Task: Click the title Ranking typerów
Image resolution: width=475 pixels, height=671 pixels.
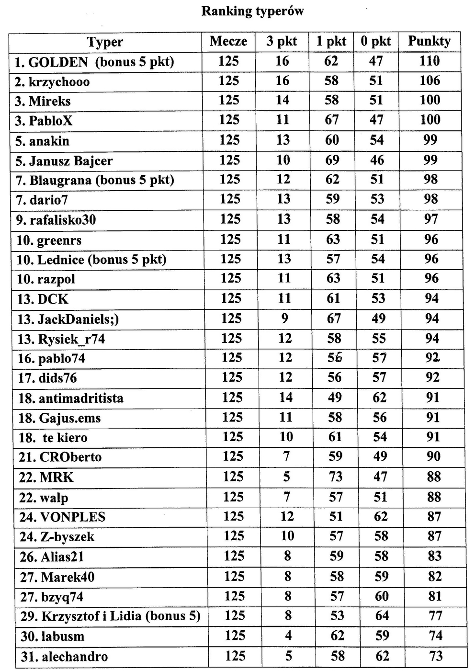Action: pyautogui.click(x=252, y=11)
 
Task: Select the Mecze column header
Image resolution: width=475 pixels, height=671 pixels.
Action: pyautogui.click(x=228, y=42)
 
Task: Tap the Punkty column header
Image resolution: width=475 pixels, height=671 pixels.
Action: pyautogui.click(x=429, y=42)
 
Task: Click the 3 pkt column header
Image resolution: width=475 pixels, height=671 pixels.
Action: pyautogui.click(x=282, y=42)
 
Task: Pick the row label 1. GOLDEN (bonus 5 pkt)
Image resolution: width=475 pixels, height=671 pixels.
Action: pyautogui.click(x=94, y=62)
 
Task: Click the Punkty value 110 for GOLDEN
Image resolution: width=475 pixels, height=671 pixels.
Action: pyautogui.click(x=430, y=61)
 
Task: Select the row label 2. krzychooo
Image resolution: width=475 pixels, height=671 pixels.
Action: pyautogui.click(x=52, y=82)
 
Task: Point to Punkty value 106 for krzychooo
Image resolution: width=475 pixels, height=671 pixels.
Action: pyautogui.click(x=430, y=80)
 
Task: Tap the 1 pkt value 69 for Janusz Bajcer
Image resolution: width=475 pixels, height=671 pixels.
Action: pyautogui.click(x=332, y=160)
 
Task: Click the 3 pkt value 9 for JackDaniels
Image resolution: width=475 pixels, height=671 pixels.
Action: pyautogui.click(x=285, y=318)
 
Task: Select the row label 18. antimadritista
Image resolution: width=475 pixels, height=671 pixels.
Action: pyautogui.click(x=71, y=398)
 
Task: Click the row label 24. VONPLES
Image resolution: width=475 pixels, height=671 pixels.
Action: pyautogui.click(x=62, y=517)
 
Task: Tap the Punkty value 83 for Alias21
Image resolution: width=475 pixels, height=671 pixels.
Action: pyautogui.click(x=434, y=556)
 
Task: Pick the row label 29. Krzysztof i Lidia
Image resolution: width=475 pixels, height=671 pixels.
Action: pyautogui.click(x=110, y=616)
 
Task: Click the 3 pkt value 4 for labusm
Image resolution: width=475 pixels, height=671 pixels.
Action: pyautogui.click(x=288, y=636)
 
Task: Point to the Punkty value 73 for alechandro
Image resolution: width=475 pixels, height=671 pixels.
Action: pyautogui.click(x=436, y=656)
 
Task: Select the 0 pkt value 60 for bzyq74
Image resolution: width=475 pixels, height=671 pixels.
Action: pyautogui.click(x=382, y=596)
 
